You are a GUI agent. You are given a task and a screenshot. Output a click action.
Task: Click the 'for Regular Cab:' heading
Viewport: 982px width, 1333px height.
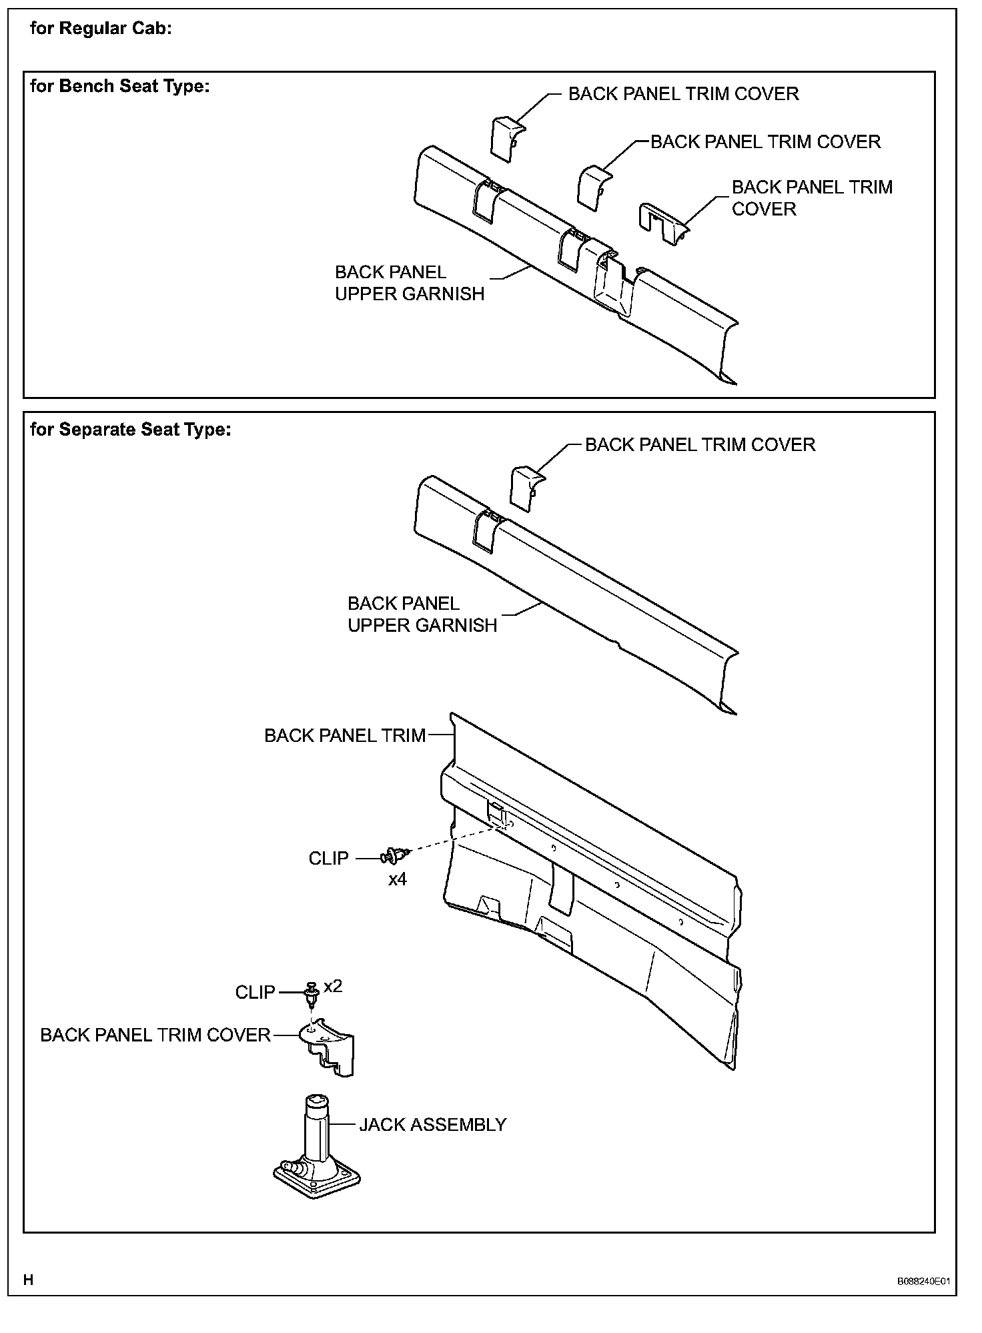coord(101,29)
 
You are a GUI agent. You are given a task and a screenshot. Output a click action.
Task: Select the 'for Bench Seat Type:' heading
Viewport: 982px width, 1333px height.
coord(120,86)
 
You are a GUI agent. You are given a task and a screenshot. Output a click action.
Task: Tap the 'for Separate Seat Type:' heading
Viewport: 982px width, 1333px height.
coord(131,429)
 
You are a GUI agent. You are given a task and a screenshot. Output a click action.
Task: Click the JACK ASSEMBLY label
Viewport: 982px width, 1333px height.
coord(433,1125)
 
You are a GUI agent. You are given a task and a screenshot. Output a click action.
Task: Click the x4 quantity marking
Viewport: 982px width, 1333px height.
coord(398,879)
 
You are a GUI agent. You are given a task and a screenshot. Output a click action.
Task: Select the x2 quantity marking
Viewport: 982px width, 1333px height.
coord(333,986)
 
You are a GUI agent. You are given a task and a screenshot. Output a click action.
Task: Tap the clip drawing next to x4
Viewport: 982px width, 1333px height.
coord(395,855)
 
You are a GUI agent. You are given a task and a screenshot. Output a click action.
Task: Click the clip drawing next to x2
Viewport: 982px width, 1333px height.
coord(311,992)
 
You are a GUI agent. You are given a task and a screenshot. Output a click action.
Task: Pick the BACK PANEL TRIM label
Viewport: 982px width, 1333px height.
coord(345,735)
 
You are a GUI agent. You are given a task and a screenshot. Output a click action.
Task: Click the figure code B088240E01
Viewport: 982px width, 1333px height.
coord(923,1282)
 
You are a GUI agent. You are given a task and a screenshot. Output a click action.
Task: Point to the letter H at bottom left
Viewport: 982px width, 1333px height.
coord(28,1280)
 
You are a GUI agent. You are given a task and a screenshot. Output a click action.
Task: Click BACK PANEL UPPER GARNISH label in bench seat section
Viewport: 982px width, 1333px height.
coord(410,283)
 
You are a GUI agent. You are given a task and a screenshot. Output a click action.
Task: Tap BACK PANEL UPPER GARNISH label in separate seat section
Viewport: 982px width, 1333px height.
coord(422,614)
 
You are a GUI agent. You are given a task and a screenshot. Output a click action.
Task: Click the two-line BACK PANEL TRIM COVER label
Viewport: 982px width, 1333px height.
coord(812,198)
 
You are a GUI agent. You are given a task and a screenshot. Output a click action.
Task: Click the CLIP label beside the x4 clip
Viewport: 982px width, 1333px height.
coord(328,858)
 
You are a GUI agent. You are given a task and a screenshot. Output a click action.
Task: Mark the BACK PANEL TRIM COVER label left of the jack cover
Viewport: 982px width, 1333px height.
coord(155,1035)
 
